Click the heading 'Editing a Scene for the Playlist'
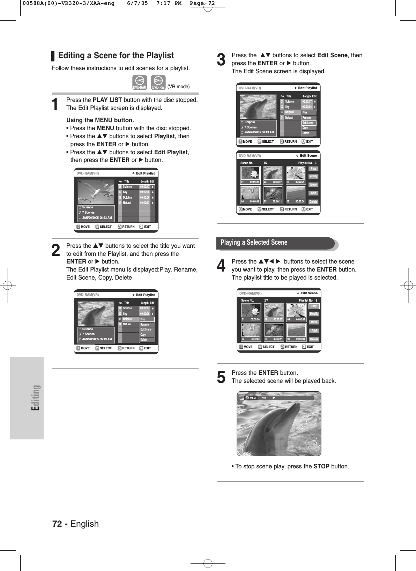tap(116, 56)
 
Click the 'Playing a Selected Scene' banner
tap(254, 243)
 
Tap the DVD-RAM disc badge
tap(139, 82)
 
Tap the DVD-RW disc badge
tap(158, 82)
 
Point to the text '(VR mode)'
tap(178, 87)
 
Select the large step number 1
tap(55, 104)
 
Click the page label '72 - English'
tap(75, 524)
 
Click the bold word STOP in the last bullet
tap(321, 466)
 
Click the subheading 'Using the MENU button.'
tap(100, 120)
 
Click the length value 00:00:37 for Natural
tap(144, 203)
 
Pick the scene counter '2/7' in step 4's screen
tap(266, 300)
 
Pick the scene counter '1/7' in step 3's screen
tap(265, 163)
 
